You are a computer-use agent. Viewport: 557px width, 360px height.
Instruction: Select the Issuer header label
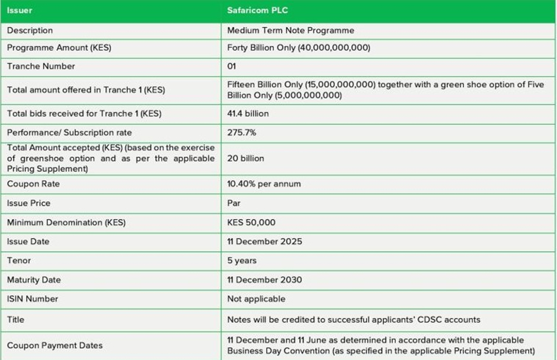(20, 11)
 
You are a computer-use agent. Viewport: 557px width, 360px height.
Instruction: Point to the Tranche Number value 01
(232, 66)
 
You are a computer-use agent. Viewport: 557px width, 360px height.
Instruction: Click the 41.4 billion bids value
(248, 113)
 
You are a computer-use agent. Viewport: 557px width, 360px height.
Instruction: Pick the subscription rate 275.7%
(242, 133)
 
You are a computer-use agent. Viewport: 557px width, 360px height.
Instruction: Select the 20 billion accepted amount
(246, 158)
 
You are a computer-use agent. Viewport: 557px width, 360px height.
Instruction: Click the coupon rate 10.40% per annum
(264, 184)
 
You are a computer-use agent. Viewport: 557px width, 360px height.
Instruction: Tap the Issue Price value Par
(234, 203)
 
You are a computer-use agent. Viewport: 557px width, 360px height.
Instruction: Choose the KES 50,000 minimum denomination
(251, 223)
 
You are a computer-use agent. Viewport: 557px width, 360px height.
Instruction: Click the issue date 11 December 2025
(264, 242)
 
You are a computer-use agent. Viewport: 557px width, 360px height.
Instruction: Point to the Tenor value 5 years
(242, 261)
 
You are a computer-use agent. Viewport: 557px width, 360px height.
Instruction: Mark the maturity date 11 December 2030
(265, 279)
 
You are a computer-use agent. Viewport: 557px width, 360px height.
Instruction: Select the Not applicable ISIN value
(256, 299)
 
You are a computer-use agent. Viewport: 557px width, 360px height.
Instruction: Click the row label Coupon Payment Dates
(55, 345)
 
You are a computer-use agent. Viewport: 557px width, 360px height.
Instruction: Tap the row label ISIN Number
(32, 299)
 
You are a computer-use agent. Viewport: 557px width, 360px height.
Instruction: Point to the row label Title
(15, 320)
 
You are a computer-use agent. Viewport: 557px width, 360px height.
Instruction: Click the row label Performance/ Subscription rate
(69, 133)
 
